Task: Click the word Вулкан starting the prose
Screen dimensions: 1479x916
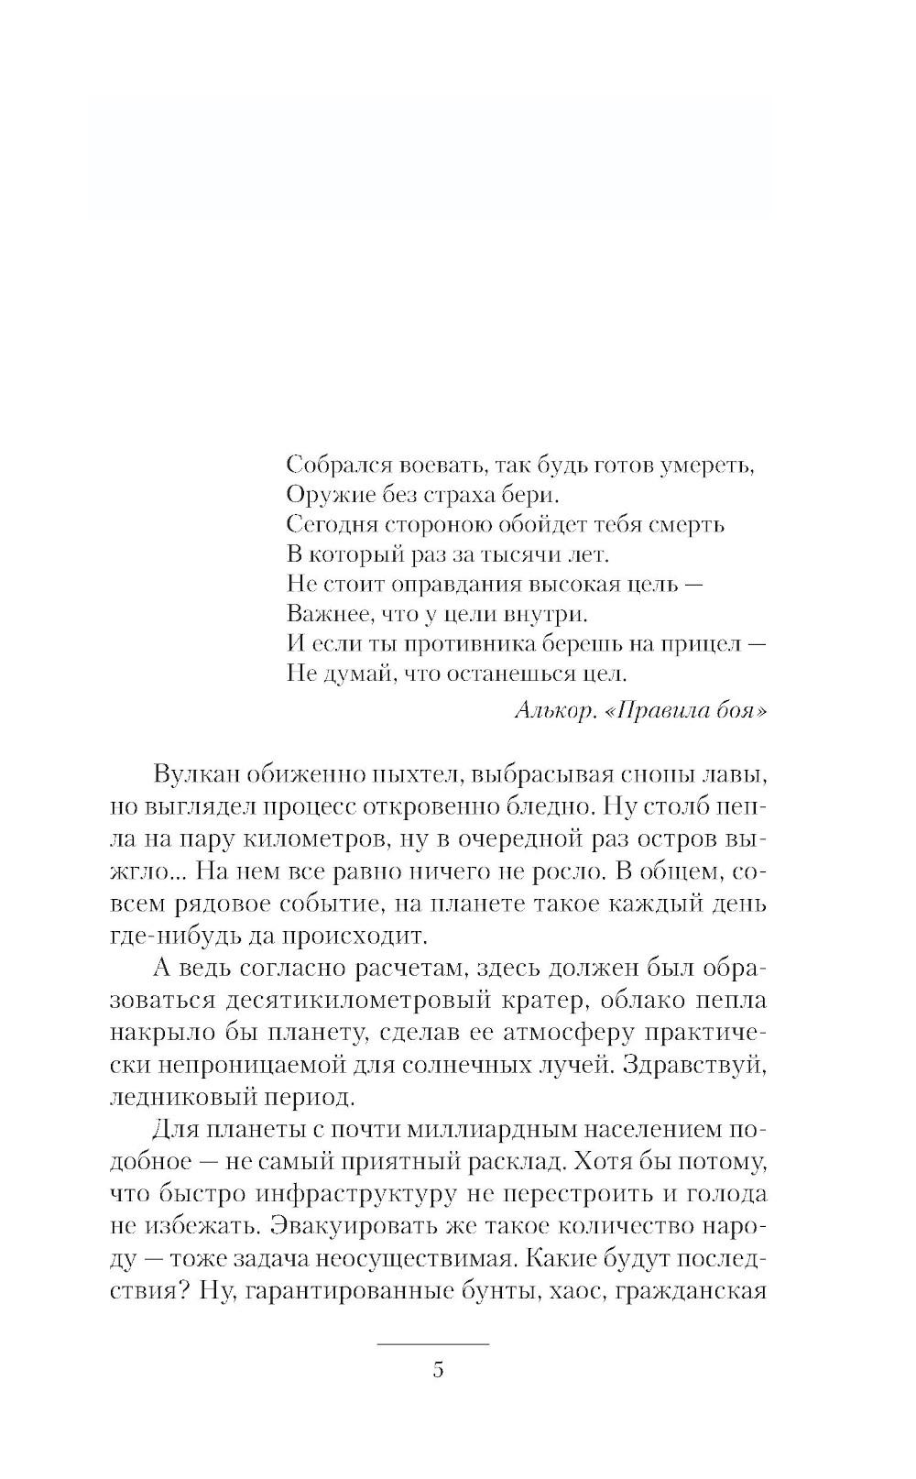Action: (196, 773)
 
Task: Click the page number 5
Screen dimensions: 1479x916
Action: (438, 1370)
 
